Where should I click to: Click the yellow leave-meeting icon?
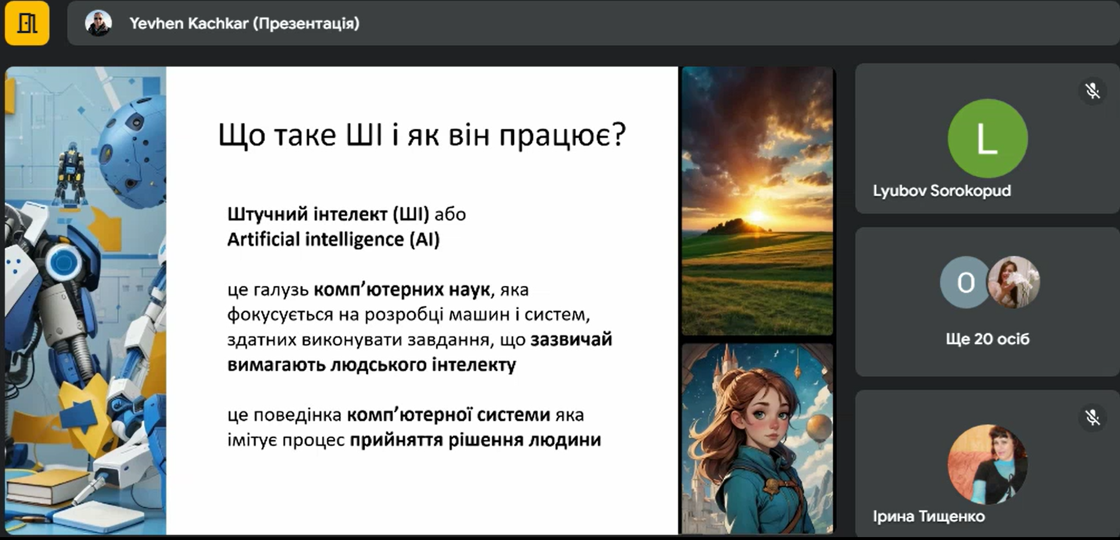27,24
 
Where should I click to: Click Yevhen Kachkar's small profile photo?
98,23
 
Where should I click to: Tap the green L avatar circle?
987,139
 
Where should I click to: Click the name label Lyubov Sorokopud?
942,191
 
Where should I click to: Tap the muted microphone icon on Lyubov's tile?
1092,91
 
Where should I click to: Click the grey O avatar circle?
966,283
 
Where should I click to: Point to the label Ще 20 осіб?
987,339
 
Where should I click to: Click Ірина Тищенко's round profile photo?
987,465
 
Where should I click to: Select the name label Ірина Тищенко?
929,516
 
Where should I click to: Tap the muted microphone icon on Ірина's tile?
1092,417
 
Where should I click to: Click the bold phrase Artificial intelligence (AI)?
333,239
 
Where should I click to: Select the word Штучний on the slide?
267,214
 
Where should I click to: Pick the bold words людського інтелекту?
423,364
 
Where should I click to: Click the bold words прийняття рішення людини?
475,440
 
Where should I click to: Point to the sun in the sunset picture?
757,215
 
